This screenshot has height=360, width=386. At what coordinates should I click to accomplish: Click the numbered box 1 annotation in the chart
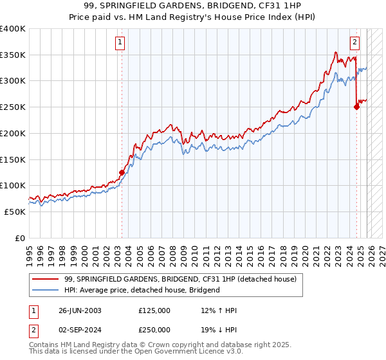point(121,43)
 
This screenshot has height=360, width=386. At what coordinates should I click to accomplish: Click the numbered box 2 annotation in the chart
point(354,43)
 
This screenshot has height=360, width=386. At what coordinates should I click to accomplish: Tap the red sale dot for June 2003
point(122,172)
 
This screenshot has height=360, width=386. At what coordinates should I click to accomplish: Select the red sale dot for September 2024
point(356,107)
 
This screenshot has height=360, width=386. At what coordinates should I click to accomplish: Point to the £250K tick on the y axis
point(13,107)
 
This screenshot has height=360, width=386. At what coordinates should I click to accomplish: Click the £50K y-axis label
point(15,212)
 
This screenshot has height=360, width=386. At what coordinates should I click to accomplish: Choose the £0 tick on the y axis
point(21,238)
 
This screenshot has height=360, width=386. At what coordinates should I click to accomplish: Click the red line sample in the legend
point(47,279)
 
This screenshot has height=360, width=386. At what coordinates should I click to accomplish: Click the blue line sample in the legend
point(47,290)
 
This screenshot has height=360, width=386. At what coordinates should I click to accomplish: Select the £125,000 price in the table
point(154,310)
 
